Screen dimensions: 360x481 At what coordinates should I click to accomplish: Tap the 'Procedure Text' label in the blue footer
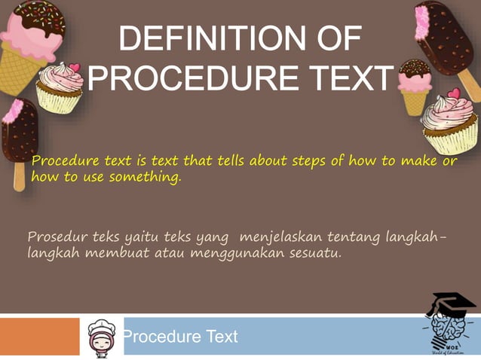click(180, 336)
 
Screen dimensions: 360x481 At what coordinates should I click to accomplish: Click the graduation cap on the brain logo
click(451, 303)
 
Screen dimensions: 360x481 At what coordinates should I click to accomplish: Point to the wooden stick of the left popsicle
click(19, 176)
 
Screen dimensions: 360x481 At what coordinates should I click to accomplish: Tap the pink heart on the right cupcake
click(454, 94)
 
